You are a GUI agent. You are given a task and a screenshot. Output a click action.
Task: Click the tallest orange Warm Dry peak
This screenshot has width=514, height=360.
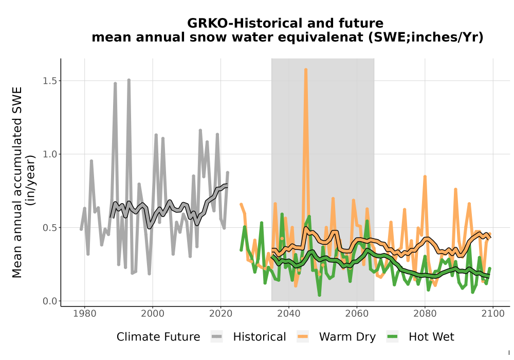306,70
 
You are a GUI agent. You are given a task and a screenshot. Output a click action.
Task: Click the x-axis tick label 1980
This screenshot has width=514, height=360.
85,313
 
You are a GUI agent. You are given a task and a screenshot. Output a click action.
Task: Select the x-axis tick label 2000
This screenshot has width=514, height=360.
153,313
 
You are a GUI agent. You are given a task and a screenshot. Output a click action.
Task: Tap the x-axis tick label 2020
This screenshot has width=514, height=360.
221,313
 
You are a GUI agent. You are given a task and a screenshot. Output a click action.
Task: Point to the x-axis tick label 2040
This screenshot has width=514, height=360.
288,313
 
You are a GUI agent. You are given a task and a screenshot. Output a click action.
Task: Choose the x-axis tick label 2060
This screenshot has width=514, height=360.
357,313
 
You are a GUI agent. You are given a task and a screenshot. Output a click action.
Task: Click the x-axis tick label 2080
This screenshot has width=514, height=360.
425,313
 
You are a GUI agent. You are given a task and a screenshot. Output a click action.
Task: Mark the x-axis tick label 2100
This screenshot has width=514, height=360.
493,313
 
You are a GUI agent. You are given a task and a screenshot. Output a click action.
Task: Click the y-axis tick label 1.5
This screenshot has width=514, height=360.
50,81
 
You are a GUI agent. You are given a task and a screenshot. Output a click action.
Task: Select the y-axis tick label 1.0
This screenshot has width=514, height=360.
50,154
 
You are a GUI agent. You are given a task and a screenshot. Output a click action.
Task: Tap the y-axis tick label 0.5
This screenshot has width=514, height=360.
50,227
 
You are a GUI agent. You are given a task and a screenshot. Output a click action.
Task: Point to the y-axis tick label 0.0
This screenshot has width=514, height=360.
50,301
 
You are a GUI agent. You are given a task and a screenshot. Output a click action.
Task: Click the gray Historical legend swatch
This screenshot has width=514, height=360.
217,337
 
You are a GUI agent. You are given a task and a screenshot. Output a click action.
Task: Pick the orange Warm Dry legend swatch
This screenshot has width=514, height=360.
303,337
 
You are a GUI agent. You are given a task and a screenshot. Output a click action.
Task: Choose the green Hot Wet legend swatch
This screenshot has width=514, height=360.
392,337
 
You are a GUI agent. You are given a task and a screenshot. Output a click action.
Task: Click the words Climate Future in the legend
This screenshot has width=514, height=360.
158,337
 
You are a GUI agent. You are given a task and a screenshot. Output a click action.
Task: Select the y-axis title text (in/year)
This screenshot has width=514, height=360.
31,181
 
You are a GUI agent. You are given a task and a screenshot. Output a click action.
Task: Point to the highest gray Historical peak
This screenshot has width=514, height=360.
129,80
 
